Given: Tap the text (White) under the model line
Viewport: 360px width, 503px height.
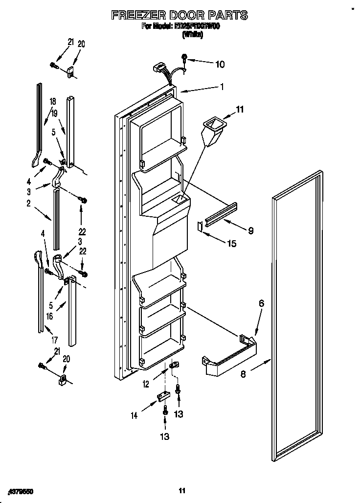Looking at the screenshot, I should coord(193,35).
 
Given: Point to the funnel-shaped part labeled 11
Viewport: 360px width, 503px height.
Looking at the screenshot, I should coord(212,131).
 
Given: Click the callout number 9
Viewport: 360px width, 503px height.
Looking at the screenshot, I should coord(250,230).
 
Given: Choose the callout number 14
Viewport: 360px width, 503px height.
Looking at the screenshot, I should coord(134,415).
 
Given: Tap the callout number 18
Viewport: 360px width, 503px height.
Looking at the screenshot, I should coord(52,101).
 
